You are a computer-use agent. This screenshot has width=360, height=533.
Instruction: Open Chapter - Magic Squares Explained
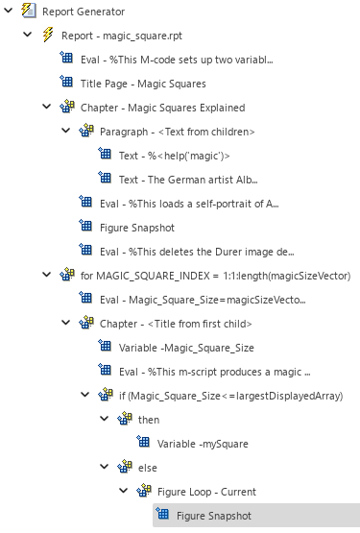pos(161,108)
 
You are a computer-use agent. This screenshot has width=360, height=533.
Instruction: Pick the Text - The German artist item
pos(187,179)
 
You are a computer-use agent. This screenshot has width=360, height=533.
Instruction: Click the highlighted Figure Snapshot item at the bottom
pos(213,515)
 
